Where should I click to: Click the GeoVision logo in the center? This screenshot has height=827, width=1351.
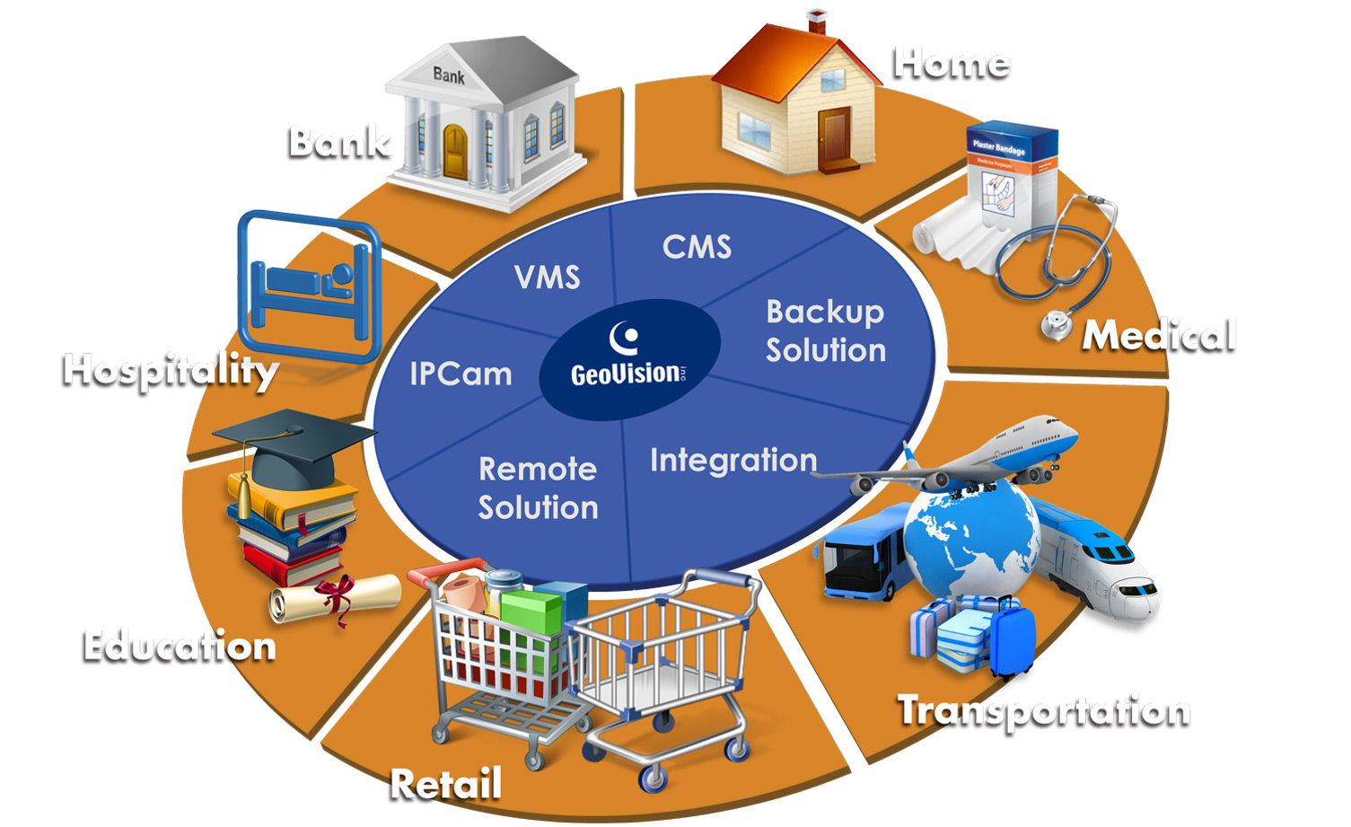point(629,358)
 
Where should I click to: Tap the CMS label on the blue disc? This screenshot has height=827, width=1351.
point(697,247)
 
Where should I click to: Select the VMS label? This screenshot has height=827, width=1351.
point(548,277)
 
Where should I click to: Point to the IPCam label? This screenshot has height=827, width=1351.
point(461,374)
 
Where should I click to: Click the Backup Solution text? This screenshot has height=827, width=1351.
point(825,330)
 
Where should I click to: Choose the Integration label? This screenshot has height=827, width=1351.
point(733,460)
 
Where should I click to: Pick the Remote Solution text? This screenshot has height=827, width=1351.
point(538,488)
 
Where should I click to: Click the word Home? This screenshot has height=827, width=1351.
point(952,64)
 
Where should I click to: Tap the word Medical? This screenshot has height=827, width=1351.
point(1159,336)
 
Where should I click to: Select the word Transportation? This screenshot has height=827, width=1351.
point(1044,711)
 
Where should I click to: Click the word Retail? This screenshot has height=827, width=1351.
point(446,783)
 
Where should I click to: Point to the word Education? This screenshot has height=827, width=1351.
point(179,647)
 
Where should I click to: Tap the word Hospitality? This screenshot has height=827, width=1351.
point(171,371)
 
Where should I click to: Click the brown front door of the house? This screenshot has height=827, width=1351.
point(834,136)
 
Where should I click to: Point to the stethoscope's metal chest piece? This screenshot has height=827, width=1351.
point(1057,325)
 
